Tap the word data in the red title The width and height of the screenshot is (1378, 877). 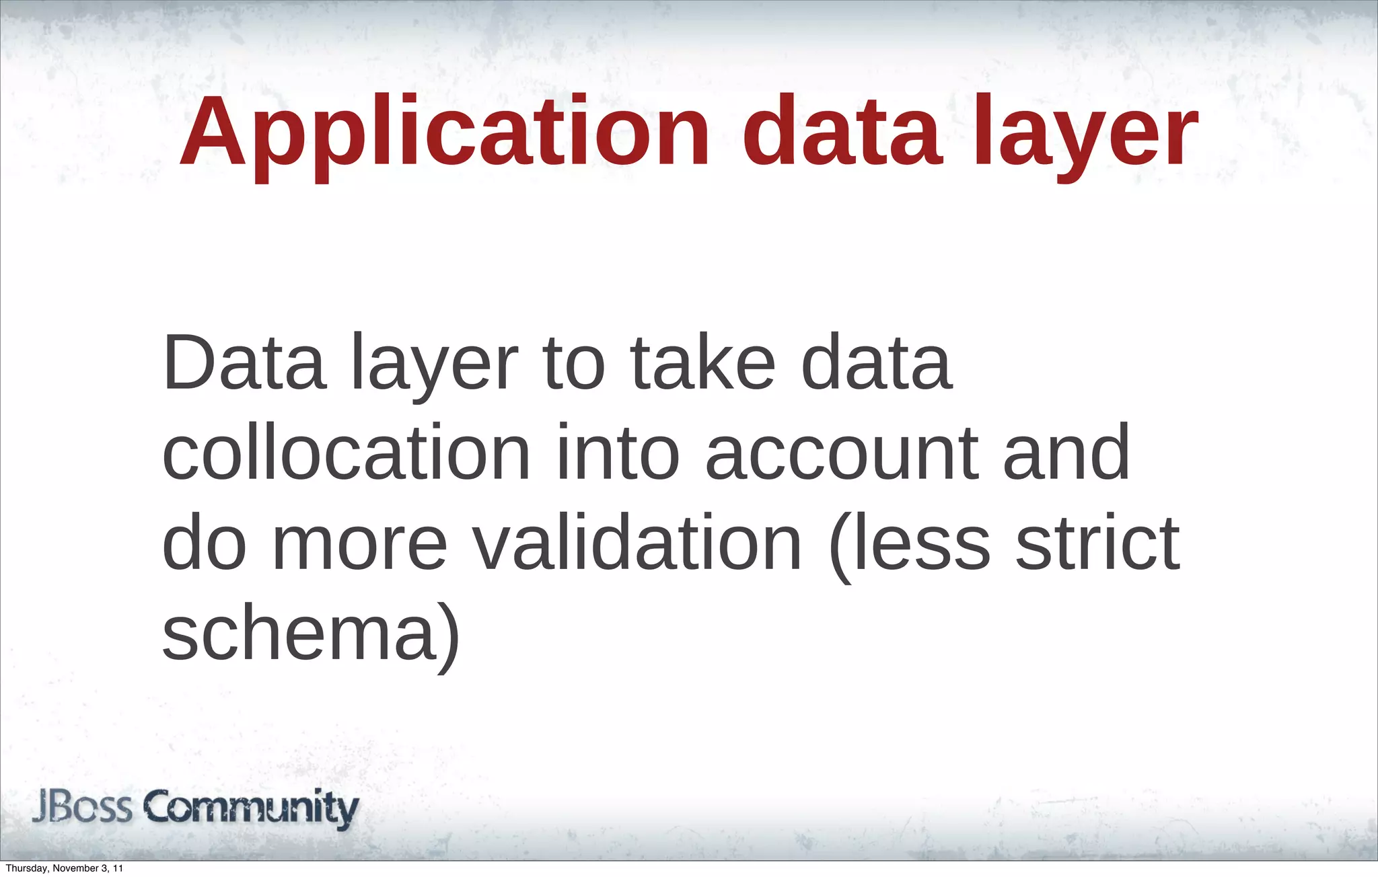point(840,133)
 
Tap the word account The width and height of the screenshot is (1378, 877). point(842,454)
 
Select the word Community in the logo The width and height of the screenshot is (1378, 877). point(252,808)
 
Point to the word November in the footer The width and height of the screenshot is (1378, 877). point(76,868)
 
